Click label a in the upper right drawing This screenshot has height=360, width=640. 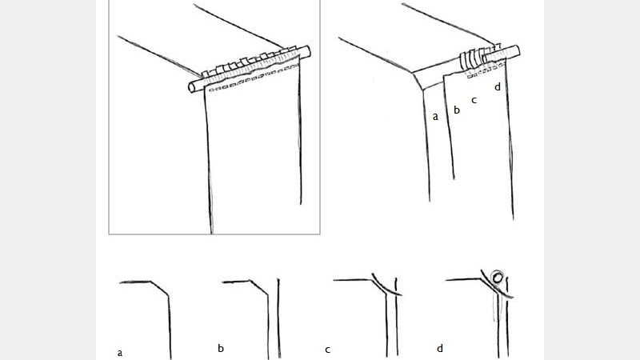435,116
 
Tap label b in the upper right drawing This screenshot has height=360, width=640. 457,110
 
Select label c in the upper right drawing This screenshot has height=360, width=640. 474,100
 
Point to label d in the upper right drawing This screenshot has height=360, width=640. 498,86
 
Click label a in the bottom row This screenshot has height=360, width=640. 120,351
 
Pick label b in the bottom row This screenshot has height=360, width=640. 221,348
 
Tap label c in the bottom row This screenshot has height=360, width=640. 328,350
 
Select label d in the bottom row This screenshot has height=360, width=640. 440,349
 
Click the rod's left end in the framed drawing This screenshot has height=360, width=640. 193,86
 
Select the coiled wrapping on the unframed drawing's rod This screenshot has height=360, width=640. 471,61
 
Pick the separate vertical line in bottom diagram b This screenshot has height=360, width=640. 278,320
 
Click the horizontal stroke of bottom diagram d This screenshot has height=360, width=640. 464,279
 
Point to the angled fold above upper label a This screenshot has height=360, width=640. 419,81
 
